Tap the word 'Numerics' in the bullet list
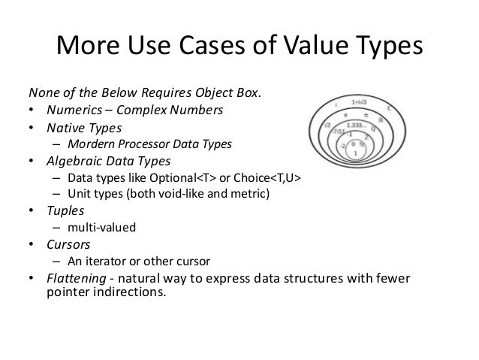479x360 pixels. coord(71,111)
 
